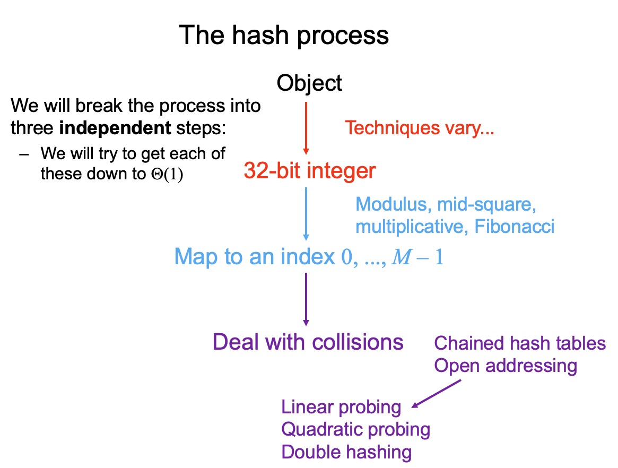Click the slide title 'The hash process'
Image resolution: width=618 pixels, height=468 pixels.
click(x=284, y=36)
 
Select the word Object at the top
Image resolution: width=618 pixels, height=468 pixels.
click(x=309, y=83)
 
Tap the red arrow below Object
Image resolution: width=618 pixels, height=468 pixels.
click(x=306, y=127)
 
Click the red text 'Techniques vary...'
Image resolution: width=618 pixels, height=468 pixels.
click(x=420, y=128)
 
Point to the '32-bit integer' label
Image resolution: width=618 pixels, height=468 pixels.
click(x=310, y=171)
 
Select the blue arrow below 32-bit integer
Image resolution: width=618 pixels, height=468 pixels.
click(x=306, y=212)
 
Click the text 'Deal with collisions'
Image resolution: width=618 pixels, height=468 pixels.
click(x=308, y=342)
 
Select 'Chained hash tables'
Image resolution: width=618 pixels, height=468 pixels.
click(x=519, y=343)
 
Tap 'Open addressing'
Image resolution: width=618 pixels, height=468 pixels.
click(x=505, y=366)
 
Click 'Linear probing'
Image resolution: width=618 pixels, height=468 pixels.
click(x=341, y=408)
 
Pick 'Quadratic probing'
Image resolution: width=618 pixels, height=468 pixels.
click(x=355, y=429)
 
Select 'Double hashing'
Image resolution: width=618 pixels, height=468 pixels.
click(x=346, y=452)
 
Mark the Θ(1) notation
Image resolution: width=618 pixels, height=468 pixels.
click(x=167, y=175)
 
